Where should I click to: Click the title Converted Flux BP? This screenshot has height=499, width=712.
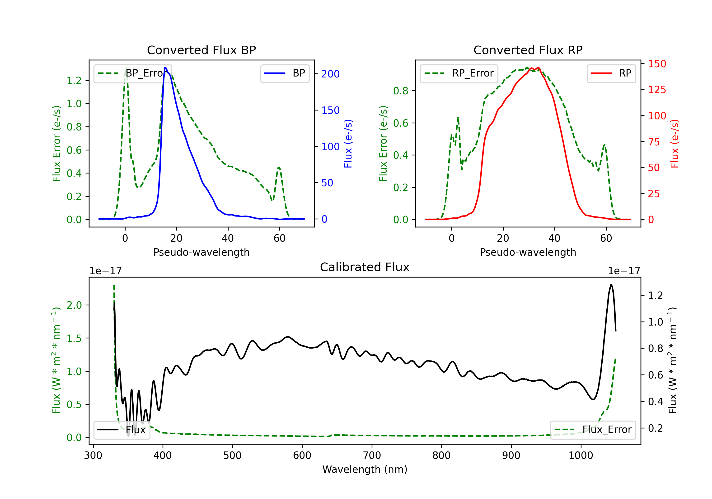point(201,50)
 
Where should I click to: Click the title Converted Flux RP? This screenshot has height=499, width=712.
point(528,50)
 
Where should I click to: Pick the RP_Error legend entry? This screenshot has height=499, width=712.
point(459,73)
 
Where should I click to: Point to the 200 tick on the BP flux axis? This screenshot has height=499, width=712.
point(330,74)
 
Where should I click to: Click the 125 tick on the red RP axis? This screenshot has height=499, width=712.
point(657,90)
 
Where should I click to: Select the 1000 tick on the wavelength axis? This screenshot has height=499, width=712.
point(581,456)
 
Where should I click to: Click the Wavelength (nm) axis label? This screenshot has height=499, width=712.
point(365,469)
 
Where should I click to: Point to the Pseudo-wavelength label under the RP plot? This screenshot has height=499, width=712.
point(528,252)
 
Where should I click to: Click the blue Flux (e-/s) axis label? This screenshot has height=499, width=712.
point(348,144)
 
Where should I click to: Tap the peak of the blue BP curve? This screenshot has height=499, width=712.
point(165,67)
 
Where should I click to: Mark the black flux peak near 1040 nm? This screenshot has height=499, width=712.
point(611,284)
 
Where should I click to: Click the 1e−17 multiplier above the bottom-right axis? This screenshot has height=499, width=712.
point(624,271)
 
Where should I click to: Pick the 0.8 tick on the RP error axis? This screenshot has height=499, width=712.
point(401,91)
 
